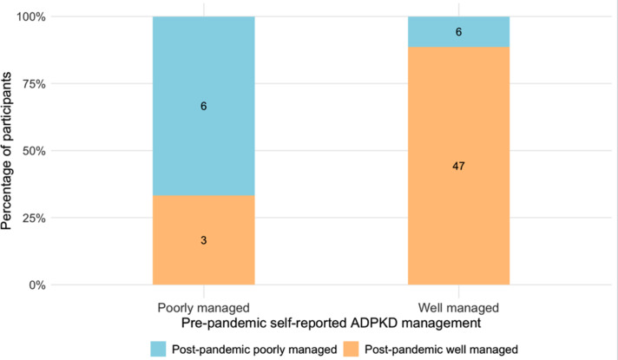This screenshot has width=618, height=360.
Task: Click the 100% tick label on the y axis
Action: tap(30, 17)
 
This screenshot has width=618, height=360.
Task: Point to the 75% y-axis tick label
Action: tap(34, 84)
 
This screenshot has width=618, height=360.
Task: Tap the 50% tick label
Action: tap(34, 151)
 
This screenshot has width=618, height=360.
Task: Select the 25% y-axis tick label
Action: tap(34, 218)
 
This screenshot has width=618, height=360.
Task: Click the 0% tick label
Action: tap(37, 285)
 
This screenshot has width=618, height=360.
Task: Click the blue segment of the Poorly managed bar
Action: tap(204, 106)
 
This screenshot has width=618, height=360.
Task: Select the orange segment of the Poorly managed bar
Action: tap(204, 240)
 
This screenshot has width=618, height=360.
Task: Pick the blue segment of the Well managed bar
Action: tap(459, 32)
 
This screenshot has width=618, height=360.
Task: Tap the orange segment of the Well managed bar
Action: tap(459, 166)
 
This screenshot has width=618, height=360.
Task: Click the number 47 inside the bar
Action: tap(459, 167)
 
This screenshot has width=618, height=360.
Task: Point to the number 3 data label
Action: tap(204, 240)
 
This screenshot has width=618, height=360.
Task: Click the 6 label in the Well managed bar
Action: tap(459, 32)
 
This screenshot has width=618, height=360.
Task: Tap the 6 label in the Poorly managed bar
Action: tap(204, 106)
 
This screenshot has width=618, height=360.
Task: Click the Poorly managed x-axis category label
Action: tap(204, 308)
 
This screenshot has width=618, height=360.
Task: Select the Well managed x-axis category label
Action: tap(459, 308)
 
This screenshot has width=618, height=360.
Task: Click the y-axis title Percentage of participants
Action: tap(6, 151)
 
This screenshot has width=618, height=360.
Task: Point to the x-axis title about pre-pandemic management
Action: tap(331, 324)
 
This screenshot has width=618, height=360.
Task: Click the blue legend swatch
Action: tap(158, 349)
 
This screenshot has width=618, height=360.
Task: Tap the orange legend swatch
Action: tap(351, 349)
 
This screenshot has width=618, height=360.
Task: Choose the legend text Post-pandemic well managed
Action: tap(442, 350)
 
